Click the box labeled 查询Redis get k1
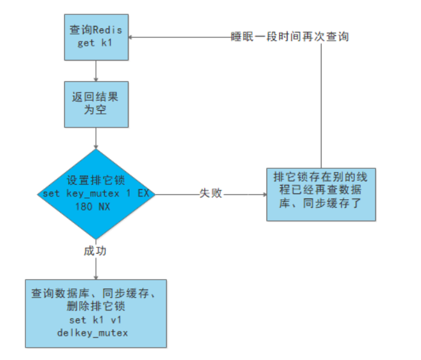click(x=96, y=38)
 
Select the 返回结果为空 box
click(x=96, y=103)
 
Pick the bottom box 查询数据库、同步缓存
click(x=96, y=312)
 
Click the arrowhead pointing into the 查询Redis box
click(x=131, y=37)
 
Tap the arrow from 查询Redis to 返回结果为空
click(x=96, y=71)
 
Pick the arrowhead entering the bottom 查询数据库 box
click(x=96, y=276)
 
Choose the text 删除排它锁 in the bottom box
click(x=96, y=306)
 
